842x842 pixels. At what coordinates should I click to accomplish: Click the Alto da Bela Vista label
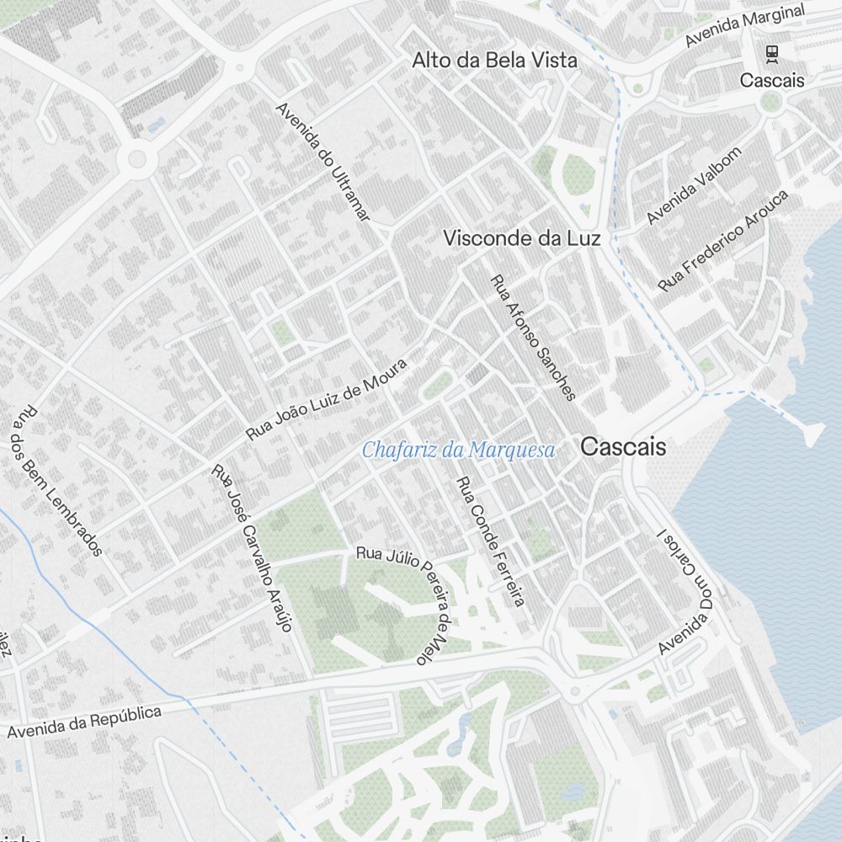pyautogui.click(x=494, y=61)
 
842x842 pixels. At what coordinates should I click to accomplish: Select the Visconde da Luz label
pyautogui.click(x=522, y=239)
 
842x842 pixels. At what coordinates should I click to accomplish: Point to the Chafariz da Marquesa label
pyautogui.click(x=459, y=450)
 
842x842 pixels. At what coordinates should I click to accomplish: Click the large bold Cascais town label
pyautogui.click(x=623, y=447)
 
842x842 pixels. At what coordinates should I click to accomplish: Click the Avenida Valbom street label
pyautogui.click(x=694, y=185)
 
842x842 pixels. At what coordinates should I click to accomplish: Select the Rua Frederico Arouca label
pyautogui.click(x=723, y=241)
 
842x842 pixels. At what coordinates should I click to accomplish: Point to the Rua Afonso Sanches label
pyautogui.click(x=533, y=338)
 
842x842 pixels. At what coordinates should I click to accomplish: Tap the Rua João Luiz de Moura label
pyautogui.click(x=327, y=399)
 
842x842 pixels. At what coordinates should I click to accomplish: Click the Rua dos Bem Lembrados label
pyautogui.click(x=57, y=481)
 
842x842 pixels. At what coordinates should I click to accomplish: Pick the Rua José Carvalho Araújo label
pyautogui.click(x=252, y=547)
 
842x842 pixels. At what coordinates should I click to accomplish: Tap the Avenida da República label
pyautogui.click(x=84, y=722)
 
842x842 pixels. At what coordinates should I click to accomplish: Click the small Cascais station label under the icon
pyautogui.click(x=772, y=81)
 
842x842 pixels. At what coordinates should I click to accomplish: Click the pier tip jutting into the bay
pyautogui.click(x=813, y=434)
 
